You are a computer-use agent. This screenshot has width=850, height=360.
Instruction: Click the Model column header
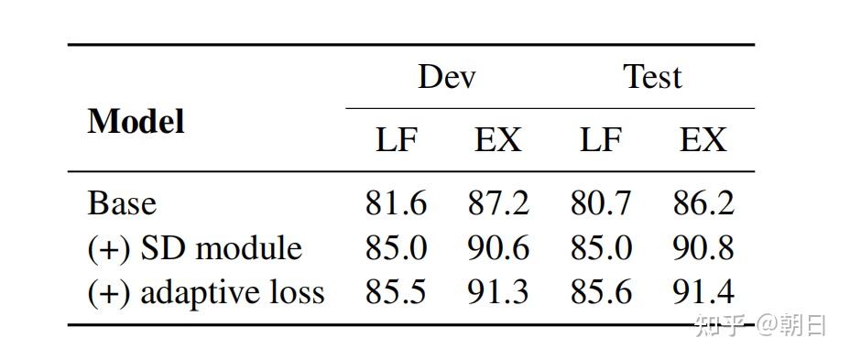(136, 122)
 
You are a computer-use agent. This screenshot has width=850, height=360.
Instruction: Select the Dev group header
(447, 77)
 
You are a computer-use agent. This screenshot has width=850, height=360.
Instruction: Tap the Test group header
(653, 77)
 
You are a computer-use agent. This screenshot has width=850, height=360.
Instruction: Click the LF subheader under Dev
(397, 140)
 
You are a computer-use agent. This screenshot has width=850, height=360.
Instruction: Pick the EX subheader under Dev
(497, 140)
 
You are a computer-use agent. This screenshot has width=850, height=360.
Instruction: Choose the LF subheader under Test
(601, 140)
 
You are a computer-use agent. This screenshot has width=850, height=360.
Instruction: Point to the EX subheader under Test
(703, 140)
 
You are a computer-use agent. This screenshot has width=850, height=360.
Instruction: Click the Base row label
(122, 203)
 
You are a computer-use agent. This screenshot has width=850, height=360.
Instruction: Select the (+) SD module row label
(194, 248)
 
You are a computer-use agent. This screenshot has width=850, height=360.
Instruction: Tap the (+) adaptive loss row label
(206, 292)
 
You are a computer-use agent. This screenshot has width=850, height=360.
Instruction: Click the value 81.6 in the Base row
(396, 203)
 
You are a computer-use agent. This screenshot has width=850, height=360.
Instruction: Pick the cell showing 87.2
(498, 203)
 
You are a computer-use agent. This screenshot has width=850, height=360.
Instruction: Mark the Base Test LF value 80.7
(601, 203)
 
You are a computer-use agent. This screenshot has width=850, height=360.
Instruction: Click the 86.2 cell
(703, 203)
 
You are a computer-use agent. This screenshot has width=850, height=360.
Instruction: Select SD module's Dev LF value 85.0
(396, 248)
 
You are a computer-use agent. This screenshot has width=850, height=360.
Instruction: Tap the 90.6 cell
(498, 248)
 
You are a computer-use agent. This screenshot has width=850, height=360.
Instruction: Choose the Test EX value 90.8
(703, 248)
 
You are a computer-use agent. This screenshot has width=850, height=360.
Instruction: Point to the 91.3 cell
(498, 292)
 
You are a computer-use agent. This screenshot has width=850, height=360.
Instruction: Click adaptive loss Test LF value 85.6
(601, 292)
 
